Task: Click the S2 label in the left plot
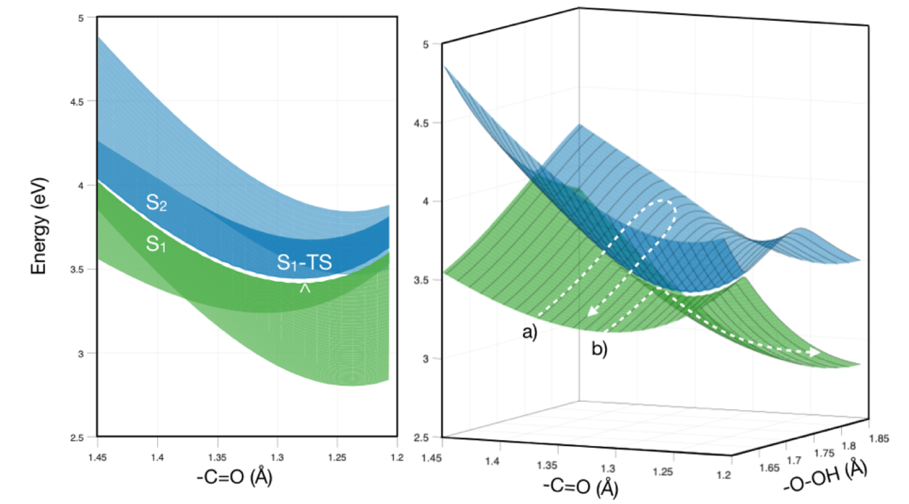click(156, 204)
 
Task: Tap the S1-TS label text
click(304, 262)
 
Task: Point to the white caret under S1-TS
click(305, 288)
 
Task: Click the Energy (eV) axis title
click(39, 226)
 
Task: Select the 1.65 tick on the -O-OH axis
click(769, 468)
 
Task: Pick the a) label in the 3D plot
click(530, 332)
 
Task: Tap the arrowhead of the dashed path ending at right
click(813, 353)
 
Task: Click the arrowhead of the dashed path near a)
click(592, 311)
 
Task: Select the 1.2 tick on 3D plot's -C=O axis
click(723, 475)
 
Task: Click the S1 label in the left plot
click(156, 244)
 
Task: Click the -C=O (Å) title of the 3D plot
click(580, 486)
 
